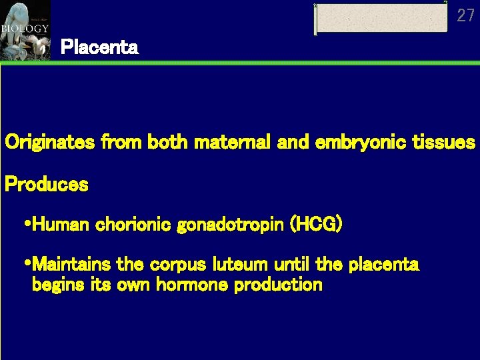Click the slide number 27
pyautogui.click(x=465, y=15)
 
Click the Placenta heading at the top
pyautogui.click(x=99, y=47)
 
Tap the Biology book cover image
pyautogui.click(x=25, y=30)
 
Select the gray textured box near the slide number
pyautogui.click(x=381, y=18)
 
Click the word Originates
pyautogui.click(x=51, y=143)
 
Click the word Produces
pyautogui.click(x=46, y=185)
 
